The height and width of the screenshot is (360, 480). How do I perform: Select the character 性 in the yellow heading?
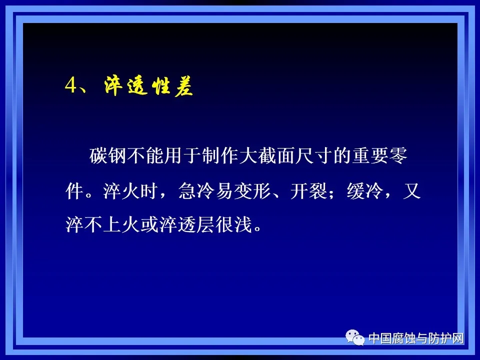(x=155, y=85)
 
